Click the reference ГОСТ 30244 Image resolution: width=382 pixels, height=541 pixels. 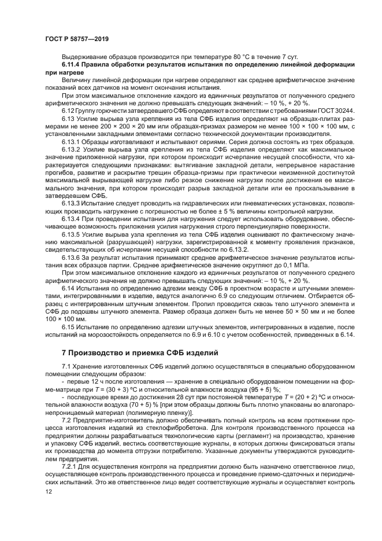pyautogui.click(x=319, y=109)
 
